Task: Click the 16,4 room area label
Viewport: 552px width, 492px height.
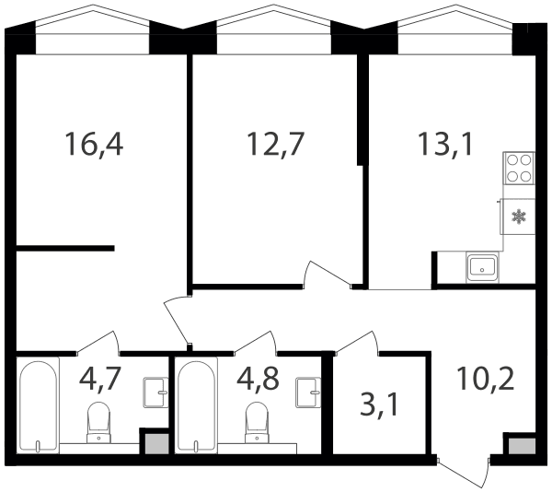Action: click(94, 144)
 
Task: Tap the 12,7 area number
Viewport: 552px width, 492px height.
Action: click(275, 144)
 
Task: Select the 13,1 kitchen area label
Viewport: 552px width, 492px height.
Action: click(445, 144)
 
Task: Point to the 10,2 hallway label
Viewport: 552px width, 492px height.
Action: click(486, 379)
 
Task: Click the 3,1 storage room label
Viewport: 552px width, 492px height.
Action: click(379, 405)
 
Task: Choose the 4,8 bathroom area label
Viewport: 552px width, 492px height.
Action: click(258, 379)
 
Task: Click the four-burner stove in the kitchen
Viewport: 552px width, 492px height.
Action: click(519, 168)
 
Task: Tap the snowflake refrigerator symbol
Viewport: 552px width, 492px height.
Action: click(519, 217)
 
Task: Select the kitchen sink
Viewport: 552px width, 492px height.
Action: click(482, 267)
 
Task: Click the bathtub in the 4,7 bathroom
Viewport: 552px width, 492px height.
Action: click(38, 405)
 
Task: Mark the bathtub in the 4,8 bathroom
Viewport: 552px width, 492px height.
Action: click(196, 405)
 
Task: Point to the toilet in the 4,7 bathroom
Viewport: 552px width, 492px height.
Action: click(98, 422)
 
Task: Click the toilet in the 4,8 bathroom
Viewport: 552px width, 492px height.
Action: click(257, 422)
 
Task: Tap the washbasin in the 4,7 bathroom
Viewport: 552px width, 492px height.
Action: click(155, 392)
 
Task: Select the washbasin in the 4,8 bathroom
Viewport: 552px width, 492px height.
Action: click(308, 392)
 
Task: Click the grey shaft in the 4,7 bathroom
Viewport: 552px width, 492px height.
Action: click(157, 444)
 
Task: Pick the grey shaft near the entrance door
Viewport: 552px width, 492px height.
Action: click(522, 446)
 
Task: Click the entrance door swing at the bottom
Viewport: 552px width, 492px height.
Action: click(464, 474)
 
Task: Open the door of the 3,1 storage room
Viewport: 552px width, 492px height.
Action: click(357, 343)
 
